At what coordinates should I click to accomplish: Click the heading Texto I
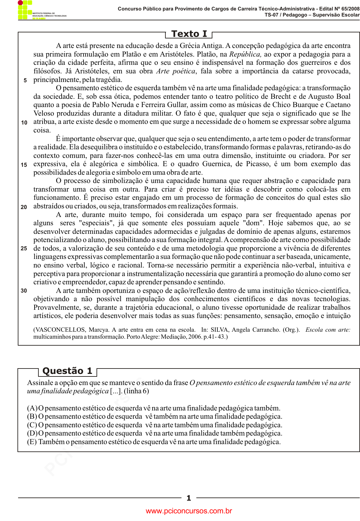[189, 34]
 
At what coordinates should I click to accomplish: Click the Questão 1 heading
[67, 371]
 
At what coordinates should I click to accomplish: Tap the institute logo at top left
[25, 10]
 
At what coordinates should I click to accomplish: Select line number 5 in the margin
[25, 80]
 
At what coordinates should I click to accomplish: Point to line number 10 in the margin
[24, 123]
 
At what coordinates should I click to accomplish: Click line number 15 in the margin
[24, 165]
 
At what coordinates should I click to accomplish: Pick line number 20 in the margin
[24, 207]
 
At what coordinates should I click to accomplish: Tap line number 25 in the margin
[24, 248]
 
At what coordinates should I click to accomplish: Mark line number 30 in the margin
[24, 291]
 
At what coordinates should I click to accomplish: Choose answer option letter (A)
[32, 408]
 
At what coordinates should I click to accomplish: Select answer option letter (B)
[32, 416]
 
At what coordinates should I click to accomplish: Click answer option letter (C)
[32, 425]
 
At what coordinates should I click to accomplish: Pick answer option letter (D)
[32, 433]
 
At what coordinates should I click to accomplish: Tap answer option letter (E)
[32, 442]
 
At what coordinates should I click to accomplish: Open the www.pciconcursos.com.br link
[189, 511]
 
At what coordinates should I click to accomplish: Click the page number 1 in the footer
[189, 498]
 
